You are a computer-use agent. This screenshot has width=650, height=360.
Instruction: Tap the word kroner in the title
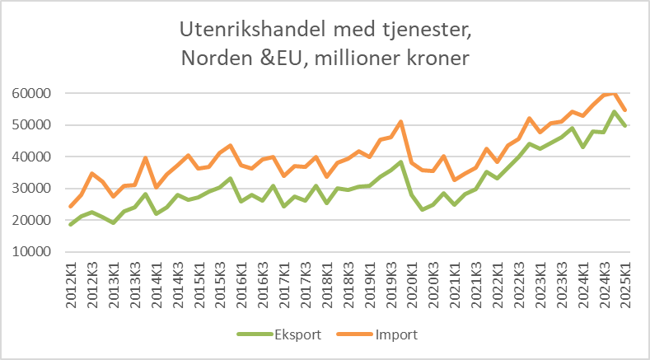[442, 60]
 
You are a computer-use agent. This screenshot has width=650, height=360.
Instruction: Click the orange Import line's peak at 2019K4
[400, 122]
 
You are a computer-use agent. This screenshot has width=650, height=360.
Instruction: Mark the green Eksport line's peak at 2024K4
[615, 111]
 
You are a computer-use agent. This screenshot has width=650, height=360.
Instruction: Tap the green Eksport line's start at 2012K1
[71, 224]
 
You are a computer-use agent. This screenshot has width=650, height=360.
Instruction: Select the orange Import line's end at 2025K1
[625, 110]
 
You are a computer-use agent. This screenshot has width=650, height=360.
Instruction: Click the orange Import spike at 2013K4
[146, 158]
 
